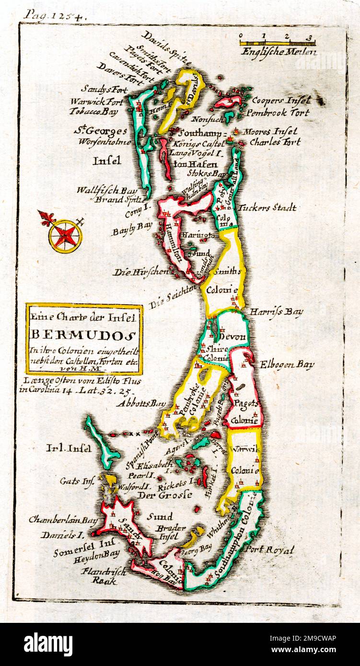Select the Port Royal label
pos(269,551)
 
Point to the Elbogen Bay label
pos(287,364)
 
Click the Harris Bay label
pos(276,312)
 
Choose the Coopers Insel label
pos(280,100)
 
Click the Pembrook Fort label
pos(278,113)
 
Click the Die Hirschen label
pos(134,272)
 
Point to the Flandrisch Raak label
pos(104,575)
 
